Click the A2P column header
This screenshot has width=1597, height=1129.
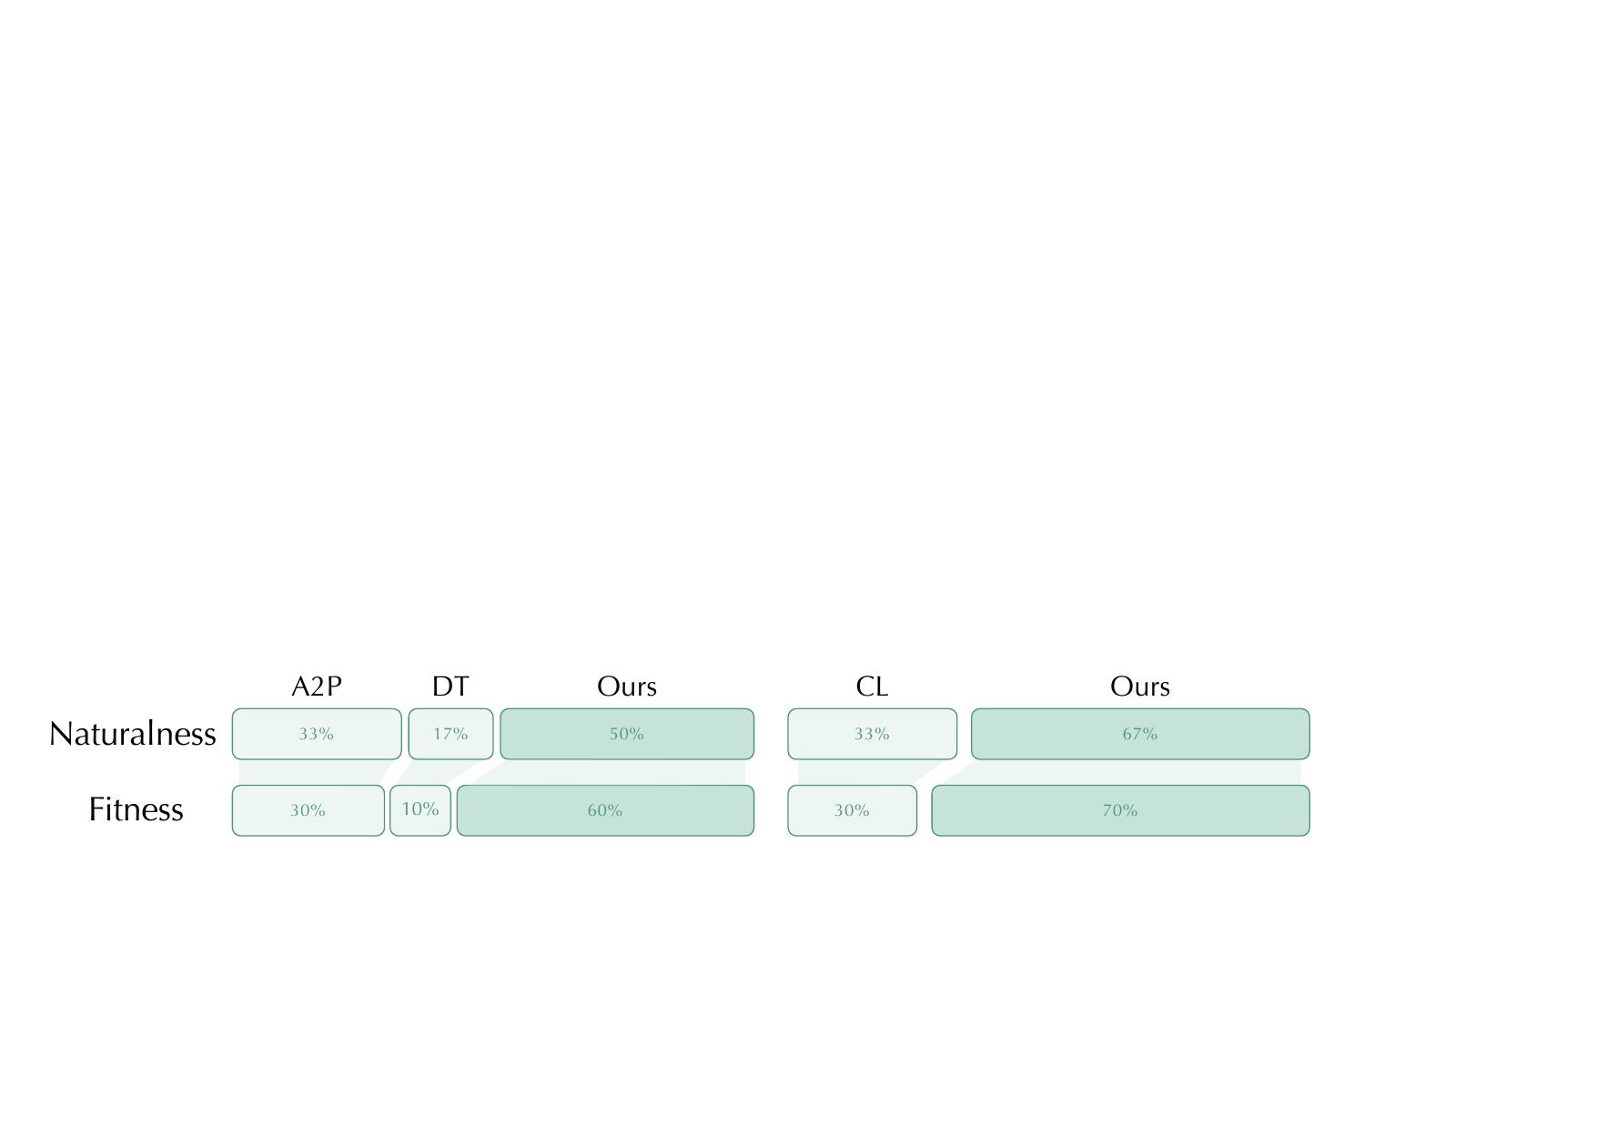click(317, 687)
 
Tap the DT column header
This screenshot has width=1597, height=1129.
click(450, 687)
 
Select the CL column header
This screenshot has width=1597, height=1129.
click(872, 687)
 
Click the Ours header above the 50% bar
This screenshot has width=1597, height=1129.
click(627, 687)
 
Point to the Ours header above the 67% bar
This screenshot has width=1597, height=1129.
click(1140, 687)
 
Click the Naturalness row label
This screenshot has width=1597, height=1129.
click(133, 734)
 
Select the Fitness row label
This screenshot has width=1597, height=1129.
click(136, 809)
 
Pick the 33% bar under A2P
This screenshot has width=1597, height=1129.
click(317, 734)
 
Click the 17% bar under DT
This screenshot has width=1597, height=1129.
click(450, 734)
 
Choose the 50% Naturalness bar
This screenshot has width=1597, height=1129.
click(627, 734)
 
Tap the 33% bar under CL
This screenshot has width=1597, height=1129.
click(873, 734)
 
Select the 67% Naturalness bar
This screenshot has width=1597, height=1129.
click(1140, 734)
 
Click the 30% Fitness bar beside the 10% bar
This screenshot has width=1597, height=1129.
click(308, 810)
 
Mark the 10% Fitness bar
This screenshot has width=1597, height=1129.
click(420, 810)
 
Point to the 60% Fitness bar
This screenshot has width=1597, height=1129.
click(605, 810)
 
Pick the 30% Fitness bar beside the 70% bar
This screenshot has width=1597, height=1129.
click(853, 810)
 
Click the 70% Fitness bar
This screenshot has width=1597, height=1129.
click(1120, 810)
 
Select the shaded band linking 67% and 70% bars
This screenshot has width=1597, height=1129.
click(1128, 772)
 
